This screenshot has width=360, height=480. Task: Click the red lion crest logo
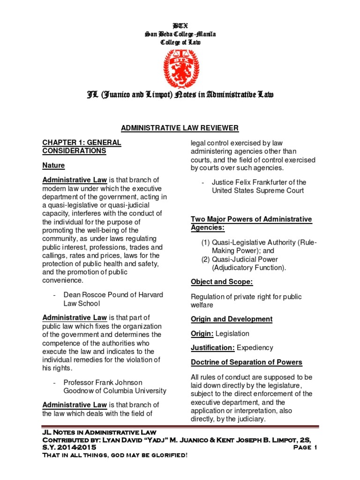(x=180, y=68)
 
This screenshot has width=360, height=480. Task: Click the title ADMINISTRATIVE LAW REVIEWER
(x=180, y=128)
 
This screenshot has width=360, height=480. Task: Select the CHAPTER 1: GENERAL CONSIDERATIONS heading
(x=82, y=146)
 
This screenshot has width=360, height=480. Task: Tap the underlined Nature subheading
(x=53, y=165)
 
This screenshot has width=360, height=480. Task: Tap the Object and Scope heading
(x=222, y=282)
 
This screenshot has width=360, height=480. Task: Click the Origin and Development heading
(x=232, y=319)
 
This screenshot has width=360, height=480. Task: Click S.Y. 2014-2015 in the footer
(x=69, y=448)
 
